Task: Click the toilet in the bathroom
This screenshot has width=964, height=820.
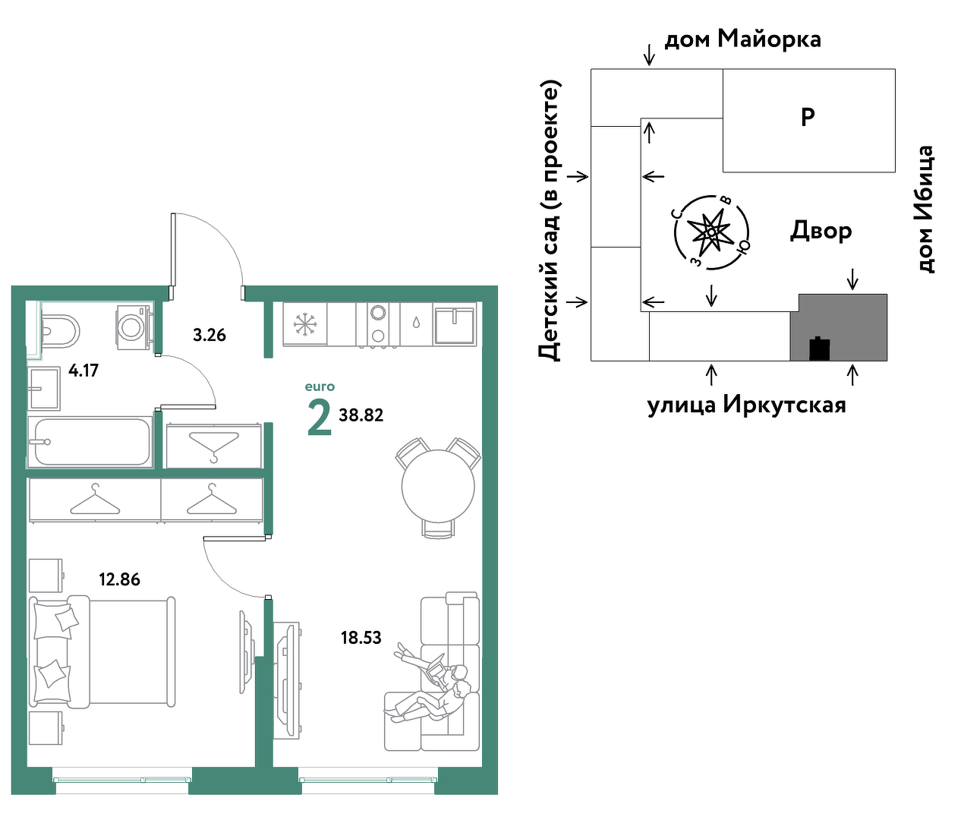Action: (x=60, y=331)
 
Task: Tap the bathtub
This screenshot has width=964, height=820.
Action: (x=90, y=442)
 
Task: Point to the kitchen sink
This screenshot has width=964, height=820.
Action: (x=454, y=324)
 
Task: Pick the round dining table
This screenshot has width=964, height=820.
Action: (x=438, y=487)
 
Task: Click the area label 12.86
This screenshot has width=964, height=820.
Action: (x=119, y=579)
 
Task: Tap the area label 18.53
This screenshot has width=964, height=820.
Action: (x=361, y=637)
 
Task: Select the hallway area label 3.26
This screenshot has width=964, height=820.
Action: (x=209, y=335)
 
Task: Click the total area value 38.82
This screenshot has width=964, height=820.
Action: (x=361, y=415)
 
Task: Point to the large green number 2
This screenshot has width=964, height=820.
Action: (x=320, y=418)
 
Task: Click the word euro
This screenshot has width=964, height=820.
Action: (x=320, y=386)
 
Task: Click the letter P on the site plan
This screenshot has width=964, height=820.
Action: (x=808, y=117)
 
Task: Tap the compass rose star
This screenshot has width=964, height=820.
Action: (x=711, y=232)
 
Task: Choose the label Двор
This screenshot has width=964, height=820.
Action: (x=821, y=230)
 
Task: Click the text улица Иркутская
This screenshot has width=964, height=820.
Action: (x=747, y=405)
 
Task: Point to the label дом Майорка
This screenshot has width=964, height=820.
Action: (x=742, y=39)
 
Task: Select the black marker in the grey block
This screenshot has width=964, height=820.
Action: (x=820, y=348)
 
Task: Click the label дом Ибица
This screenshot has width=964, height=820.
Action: (x=925, y=209)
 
